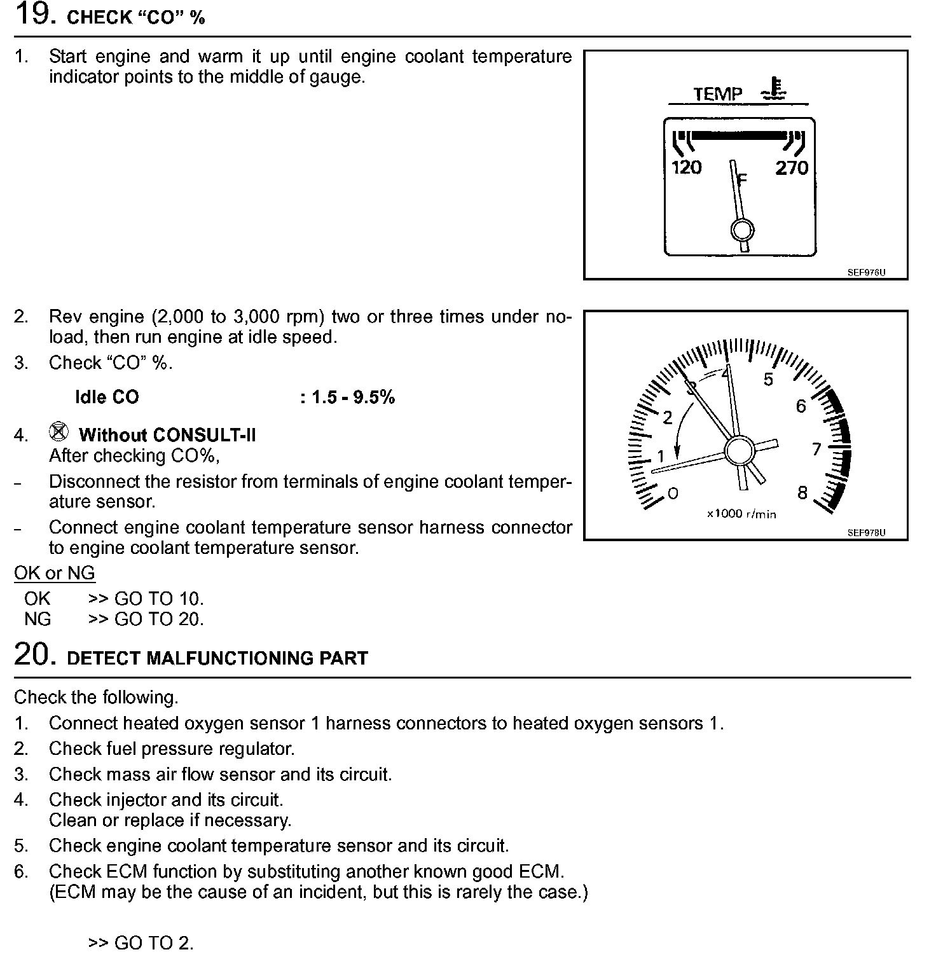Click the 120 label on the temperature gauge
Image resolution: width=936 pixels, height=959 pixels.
point(686,167)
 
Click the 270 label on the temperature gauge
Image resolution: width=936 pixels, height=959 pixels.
point(791,168)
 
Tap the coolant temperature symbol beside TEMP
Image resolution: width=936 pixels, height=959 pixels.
point(774,90)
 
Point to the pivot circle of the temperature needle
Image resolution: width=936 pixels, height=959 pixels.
point(742,230)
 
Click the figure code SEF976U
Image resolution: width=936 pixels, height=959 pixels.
point(865,272)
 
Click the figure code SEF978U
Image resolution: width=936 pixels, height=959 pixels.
point(865,533)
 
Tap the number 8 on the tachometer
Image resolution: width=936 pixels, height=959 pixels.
point(802,493)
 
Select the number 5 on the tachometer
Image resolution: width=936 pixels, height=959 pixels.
point(768,380)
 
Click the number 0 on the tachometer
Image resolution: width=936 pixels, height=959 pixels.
point(673,493)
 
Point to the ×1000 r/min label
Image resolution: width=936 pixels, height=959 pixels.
point(741,514)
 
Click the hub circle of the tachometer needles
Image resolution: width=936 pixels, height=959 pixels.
point(738,452)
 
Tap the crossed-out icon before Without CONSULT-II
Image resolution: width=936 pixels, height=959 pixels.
point(59,432)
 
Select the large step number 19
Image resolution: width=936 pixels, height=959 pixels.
point(32,14)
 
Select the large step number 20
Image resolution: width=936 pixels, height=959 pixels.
point(32,654)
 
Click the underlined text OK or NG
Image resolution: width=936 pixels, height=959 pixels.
point(55,573)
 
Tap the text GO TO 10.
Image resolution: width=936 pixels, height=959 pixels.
point(159,599)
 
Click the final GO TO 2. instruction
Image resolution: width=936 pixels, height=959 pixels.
point(141,942)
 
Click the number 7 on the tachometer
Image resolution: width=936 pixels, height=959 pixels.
point(817,450)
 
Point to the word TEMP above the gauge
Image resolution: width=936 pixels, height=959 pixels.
point(718,94)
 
